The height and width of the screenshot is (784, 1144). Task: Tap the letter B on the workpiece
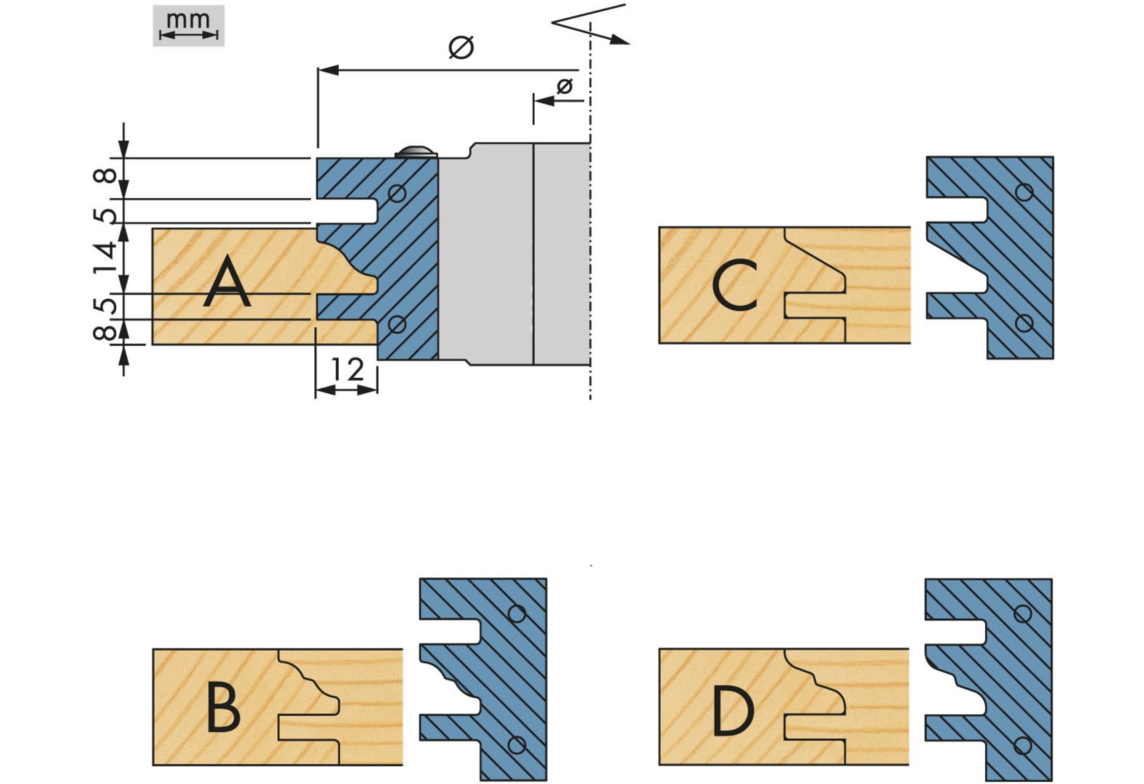coord(224,708)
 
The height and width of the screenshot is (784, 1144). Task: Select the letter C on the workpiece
coord(734,285)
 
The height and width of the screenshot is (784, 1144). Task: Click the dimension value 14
coord(105,258)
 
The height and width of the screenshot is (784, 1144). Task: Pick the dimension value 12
coord(348,368)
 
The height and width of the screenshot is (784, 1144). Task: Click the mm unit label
coord(188,20)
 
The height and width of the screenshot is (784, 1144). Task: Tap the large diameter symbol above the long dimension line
coord(461,47)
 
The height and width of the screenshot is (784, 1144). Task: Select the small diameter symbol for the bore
coord(565,87)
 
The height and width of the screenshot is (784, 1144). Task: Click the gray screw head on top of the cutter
coord(416,152)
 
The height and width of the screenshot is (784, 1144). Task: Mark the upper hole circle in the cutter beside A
coord(397,193)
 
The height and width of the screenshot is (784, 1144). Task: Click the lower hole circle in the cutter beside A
coord(397,324)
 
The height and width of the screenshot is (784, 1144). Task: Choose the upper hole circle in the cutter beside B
coord(517,613)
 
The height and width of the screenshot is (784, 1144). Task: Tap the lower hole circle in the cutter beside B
coord(517,745)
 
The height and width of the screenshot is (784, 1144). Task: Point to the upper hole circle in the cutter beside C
coord(1024,193)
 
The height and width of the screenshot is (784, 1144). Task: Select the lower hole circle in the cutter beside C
coord(1024,323)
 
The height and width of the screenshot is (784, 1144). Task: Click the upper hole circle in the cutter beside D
coord(1022,614)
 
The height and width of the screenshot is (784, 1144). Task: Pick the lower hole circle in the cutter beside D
coord(1022,745)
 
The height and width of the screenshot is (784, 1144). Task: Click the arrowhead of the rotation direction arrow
coord(620,41)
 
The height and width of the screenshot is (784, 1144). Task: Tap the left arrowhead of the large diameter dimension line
coord(328,70)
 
